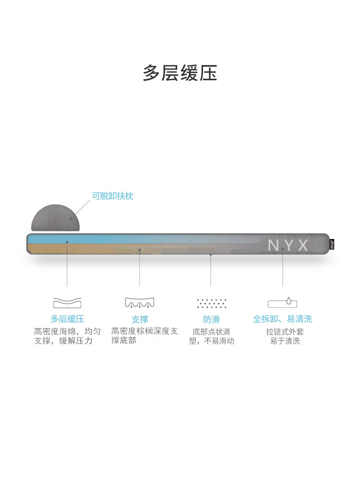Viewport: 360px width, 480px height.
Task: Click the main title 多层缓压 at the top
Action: pos(180,73)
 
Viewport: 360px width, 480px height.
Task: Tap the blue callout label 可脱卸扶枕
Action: pos(113,196)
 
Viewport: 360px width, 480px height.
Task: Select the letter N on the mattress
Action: pos(273,246)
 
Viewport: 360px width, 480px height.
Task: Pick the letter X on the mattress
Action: pos(303,246)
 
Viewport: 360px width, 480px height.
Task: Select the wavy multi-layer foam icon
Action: pos(67,303)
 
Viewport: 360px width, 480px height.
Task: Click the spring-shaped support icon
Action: pos(140,303)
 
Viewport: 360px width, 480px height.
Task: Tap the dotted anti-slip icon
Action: pos(211,303)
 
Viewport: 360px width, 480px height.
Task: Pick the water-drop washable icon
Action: pos(283,302)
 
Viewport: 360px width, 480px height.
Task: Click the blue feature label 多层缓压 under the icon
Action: pos(67,319)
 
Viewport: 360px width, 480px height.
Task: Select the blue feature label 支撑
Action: pos(140,319)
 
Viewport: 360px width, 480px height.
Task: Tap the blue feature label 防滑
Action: pos(211,319)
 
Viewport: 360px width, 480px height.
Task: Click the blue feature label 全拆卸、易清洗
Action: pos(283,319)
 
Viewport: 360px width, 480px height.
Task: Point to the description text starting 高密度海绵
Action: pos(67,336)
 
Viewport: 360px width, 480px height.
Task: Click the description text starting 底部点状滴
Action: pos(211,336)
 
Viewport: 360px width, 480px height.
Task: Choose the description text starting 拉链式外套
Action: pos(285,336)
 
